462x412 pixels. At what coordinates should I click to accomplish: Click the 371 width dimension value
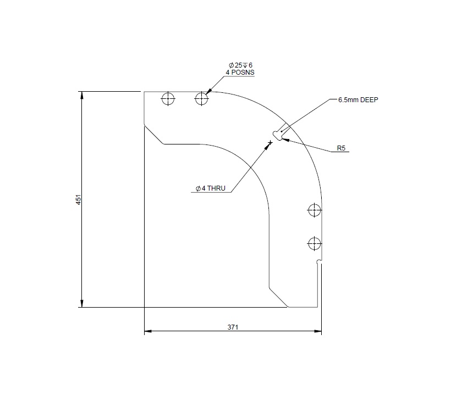pyautogui.click(x=233, y=327)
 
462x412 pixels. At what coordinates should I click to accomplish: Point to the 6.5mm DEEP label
pyautogui.click(x=359, y=100)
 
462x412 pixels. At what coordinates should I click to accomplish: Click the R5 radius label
pyautogui.click(x=341, y=148)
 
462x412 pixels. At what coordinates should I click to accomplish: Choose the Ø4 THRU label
pyautogui.click(x=211, y=188)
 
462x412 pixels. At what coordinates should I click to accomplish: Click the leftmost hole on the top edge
pyautogui.click(x=168, y=99)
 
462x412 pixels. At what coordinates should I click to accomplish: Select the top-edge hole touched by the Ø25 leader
pyautogui.click(x=202, y=99)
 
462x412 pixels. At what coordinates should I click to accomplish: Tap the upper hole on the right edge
pyautogui.click(x=314, y=209)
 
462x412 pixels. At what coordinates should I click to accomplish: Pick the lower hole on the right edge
pyautogui.click(x=314, y=242)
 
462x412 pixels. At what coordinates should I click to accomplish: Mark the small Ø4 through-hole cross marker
pyautogui.click(x=270, y=143)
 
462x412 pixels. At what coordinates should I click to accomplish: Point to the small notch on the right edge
pyautogui.click(x=319, y=263)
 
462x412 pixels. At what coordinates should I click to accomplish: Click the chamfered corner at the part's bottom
pyautogui.click(x=278, y=297)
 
